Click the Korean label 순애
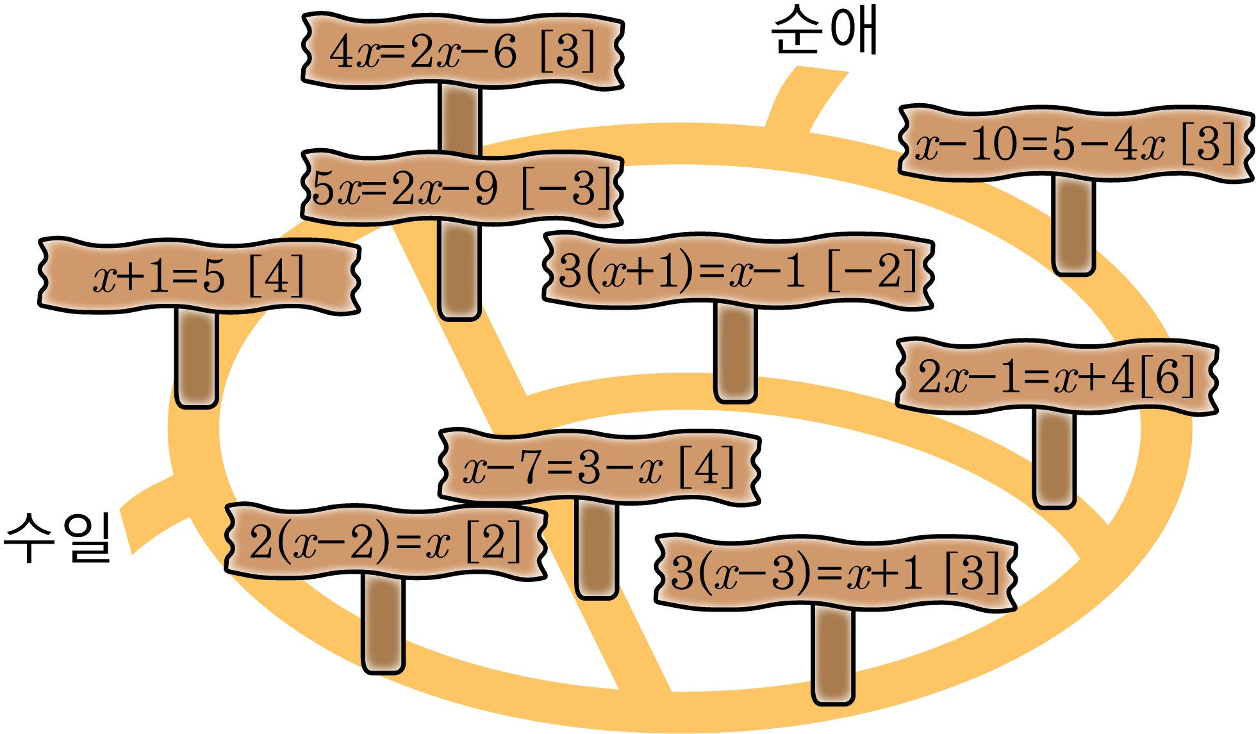[825, 32]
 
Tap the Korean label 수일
[58, 537]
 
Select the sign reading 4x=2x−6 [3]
[463, 51]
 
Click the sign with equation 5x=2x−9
[463, 188]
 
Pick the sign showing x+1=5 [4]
[199, 276]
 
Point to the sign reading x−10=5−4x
[1075, 144]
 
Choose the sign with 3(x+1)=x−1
[738, 271]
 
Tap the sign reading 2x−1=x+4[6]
[1057, 376]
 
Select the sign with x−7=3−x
[599, 467]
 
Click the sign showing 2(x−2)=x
[386, 542]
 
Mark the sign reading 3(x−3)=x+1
[836, 572]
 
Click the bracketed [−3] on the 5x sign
[567, 188]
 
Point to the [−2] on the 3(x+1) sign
[873, 271]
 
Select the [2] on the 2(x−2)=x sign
[493, 542]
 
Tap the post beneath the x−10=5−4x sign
[1073, 226]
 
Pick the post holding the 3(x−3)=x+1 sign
[833, 655]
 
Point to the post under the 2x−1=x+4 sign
[1054, 459]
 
